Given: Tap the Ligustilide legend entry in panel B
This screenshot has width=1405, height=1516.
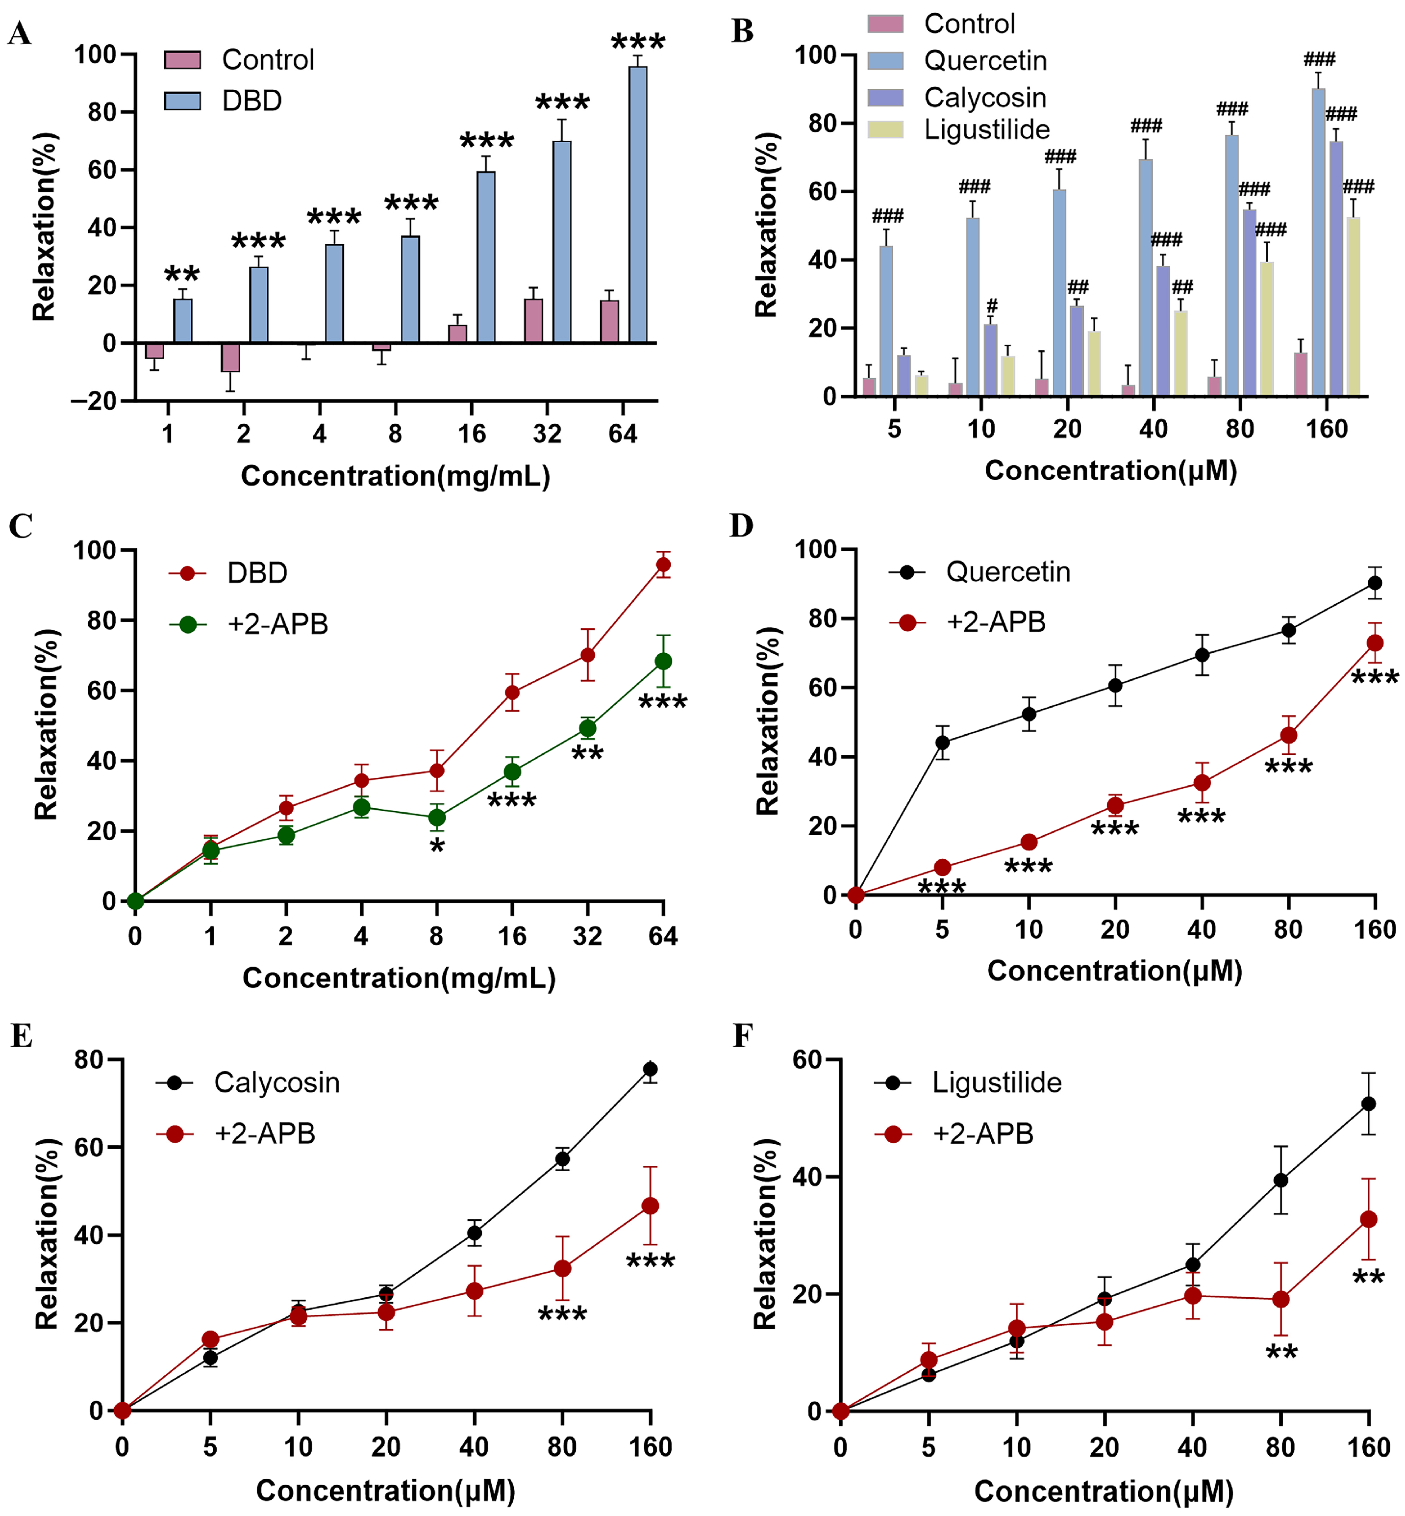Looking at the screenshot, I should pyautogui.click(x=986, y=130).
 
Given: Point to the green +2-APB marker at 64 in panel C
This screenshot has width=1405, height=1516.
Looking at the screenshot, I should pyautogui.click(x=663, y=661).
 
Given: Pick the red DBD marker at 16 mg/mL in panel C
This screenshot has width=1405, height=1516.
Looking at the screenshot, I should pyautogui.click(x=512, y=692).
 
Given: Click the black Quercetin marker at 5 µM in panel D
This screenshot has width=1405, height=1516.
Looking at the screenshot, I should pyautogui.click(x=942, y=743).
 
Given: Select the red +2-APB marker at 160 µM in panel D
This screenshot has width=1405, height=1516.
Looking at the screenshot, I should pyautogui.click(x=1375, y=643).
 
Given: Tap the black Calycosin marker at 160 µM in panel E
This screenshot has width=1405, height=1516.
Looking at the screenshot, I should pyautogui.click(x=650, y=1069).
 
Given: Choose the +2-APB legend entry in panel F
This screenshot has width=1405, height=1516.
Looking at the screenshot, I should pyautogui.click(x=982, y=1134).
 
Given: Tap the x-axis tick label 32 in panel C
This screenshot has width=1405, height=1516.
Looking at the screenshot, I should pyautogui.click(x=587, y=936).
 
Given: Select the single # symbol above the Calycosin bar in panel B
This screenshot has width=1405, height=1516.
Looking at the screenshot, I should pyautogui.click(x=991, y=306).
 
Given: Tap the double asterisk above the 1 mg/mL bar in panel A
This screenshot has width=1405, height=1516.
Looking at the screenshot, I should pyautogui.click(x=182, y=274).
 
